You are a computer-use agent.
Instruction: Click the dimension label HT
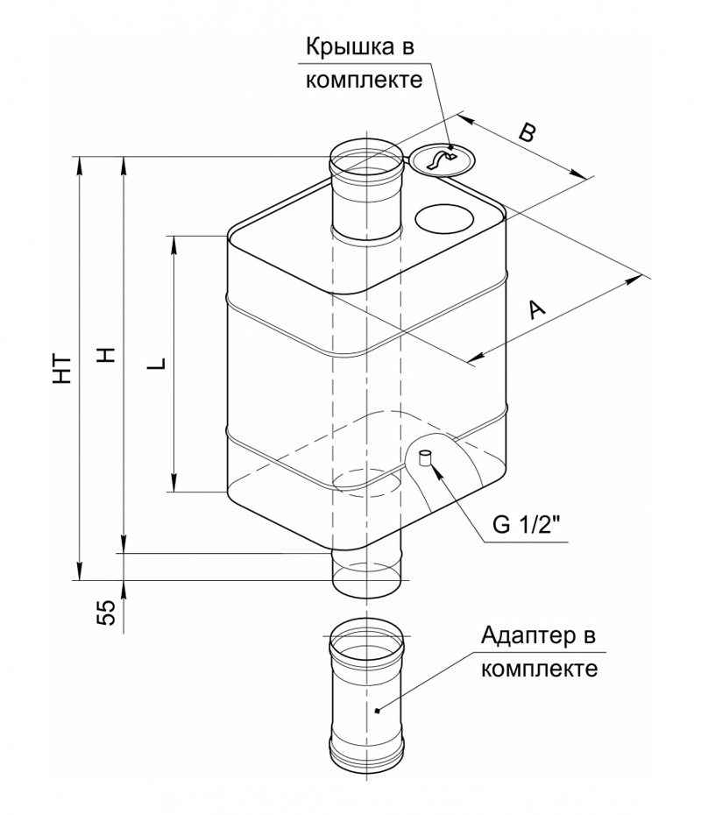(62, 369)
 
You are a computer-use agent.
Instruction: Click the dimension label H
(107, 355)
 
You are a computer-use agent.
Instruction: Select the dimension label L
(157, 362)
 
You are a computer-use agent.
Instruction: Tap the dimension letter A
(537, 308)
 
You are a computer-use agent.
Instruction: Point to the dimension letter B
(527, 133)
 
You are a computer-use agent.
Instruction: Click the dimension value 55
(105, 613)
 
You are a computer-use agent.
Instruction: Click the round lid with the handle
(443, 159)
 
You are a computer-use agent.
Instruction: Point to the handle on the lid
(441, 159)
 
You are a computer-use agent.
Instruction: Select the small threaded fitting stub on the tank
(425, 458)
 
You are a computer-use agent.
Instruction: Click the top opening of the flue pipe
(366, 156)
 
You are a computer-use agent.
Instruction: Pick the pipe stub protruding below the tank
(366, 573)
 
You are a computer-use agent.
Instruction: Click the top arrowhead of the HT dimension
(79, 166)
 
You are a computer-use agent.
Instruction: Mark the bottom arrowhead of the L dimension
(175, 482)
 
